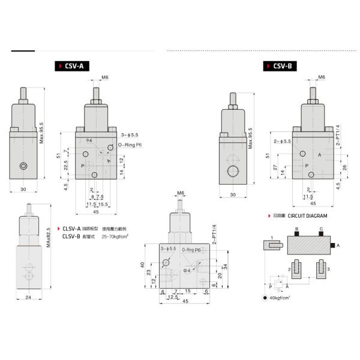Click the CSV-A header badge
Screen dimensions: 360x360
70,67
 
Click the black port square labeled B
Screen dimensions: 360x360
296,233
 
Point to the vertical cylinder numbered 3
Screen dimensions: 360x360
321,266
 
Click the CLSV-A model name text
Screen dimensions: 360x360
72,229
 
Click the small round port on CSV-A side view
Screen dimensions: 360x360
23,166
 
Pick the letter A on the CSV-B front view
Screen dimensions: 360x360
320,154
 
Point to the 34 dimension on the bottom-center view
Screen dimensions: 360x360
226,266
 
